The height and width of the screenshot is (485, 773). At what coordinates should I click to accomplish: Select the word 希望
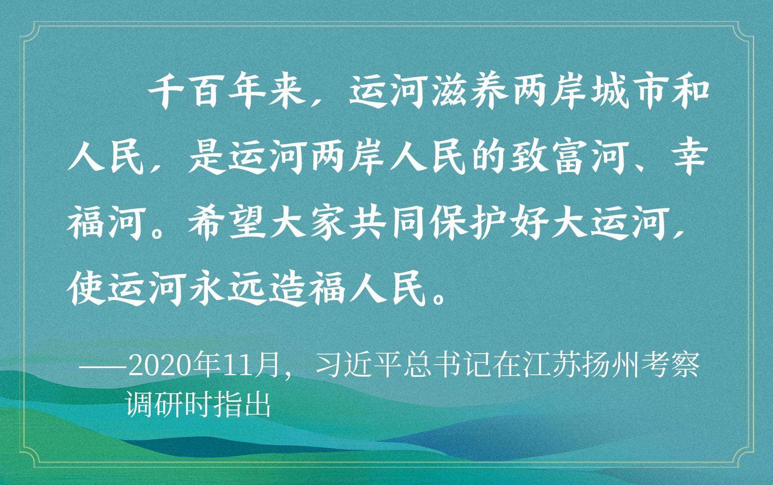228,224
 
